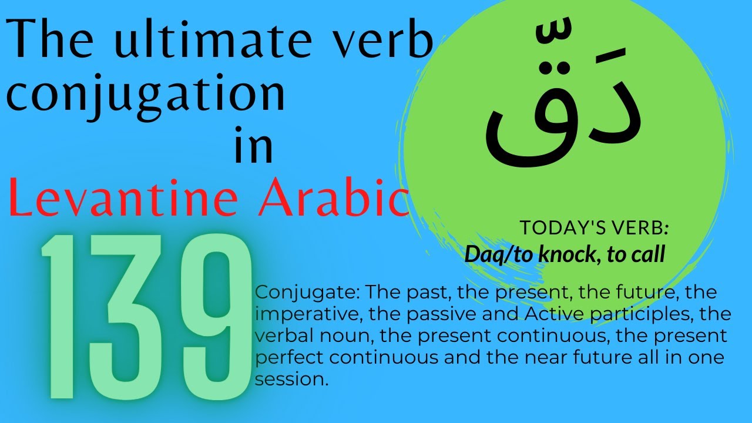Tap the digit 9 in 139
(211, 317)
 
